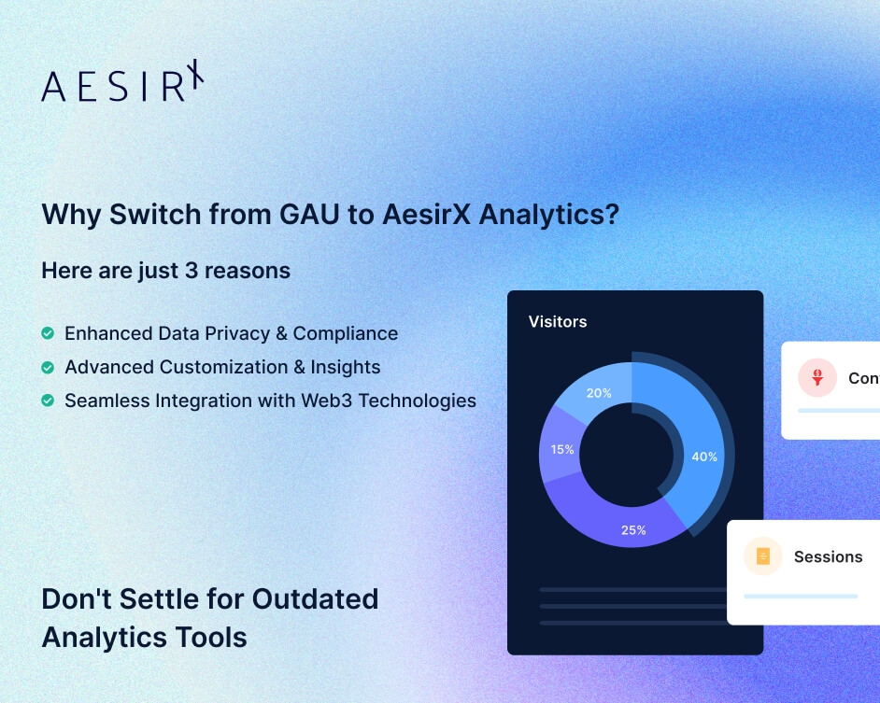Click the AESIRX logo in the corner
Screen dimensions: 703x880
pos(122,82)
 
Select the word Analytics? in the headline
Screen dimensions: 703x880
pos(559,214)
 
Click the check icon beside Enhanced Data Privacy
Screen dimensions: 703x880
pos(48,333)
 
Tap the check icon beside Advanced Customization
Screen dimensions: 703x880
pos(48,367)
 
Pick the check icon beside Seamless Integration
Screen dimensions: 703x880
pos(48,401)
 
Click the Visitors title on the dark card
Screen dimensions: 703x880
pos(558,321)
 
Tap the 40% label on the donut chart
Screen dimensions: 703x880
pos(704,457)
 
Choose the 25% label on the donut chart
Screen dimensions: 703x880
pos(633,530)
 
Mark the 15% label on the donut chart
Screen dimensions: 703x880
pos(562,449)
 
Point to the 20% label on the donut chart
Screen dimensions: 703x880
pos(599,393)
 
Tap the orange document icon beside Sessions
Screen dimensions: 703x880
pos(763,556)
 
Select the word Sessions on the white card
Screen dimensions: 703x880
pos(828,556)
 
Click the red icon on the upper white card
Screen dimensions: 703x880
pos(817,378)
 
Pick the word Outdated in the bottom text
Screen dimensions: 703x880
pos(316,598)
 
